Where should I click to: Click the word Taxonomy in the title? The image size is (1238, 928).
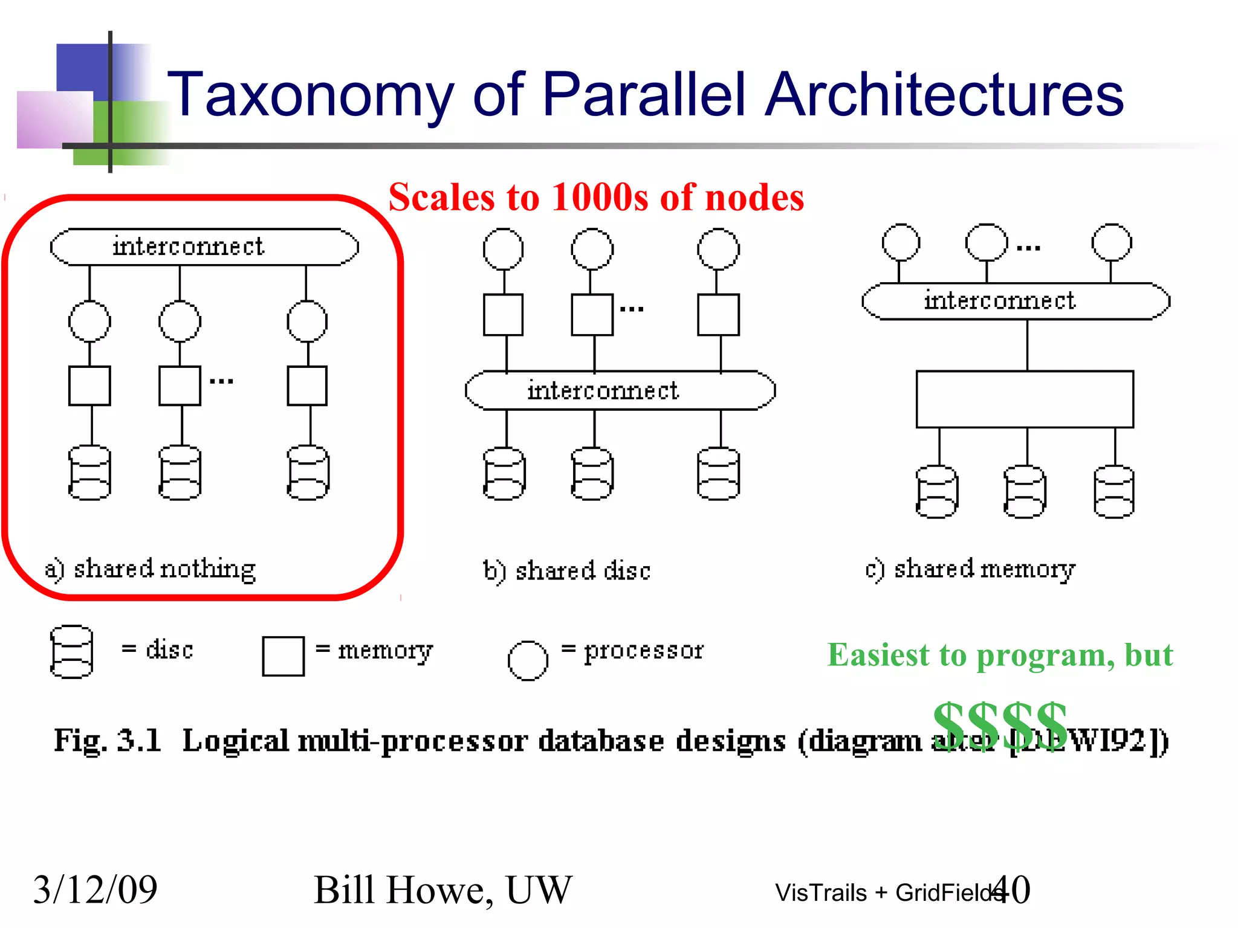click(x=309, y=95)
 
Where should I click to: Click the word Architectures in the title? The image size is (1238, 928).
click(x=944, y=95)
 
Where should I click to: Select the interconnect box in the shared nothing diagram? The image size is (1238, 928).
click(x=204, y=247)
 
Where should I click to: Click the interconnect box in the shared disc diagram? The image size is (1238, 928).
click(x=620, y=390)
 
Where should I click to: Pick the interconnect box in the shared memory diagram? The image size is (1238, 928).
click(x=1016, y=301)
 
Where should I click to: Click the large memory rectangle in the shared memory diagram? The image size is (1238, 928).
click(x=1025, y=399)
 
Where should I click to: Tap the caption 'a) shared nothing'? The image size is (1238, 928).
click(x=151, y=569)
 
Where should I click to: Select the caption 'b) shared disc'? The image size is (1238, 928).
click(x=566, y=571)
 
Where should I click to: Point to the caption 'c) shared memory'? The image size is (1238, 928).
click(x=970, y=569)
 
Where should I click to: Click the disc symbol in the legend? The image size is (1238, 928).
click(x=71, y=651)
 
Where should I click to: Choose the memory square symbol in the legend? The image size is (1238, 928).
click(x=283, y=656)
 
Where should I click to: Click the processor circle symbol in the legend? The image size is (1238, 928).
click(x=528, y=660)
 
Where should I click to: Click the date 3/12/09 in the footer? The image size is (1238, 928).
click(x=95, y=889)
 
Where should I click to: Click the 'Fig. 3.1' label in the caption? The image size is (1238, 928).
click(x=108, y=741)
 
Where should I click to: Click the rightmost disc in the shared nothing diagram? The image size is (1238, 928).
click(x=308, y=473)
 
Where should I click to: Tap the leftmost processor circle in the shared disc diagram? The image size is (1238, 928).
click(x=503, y=249)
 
